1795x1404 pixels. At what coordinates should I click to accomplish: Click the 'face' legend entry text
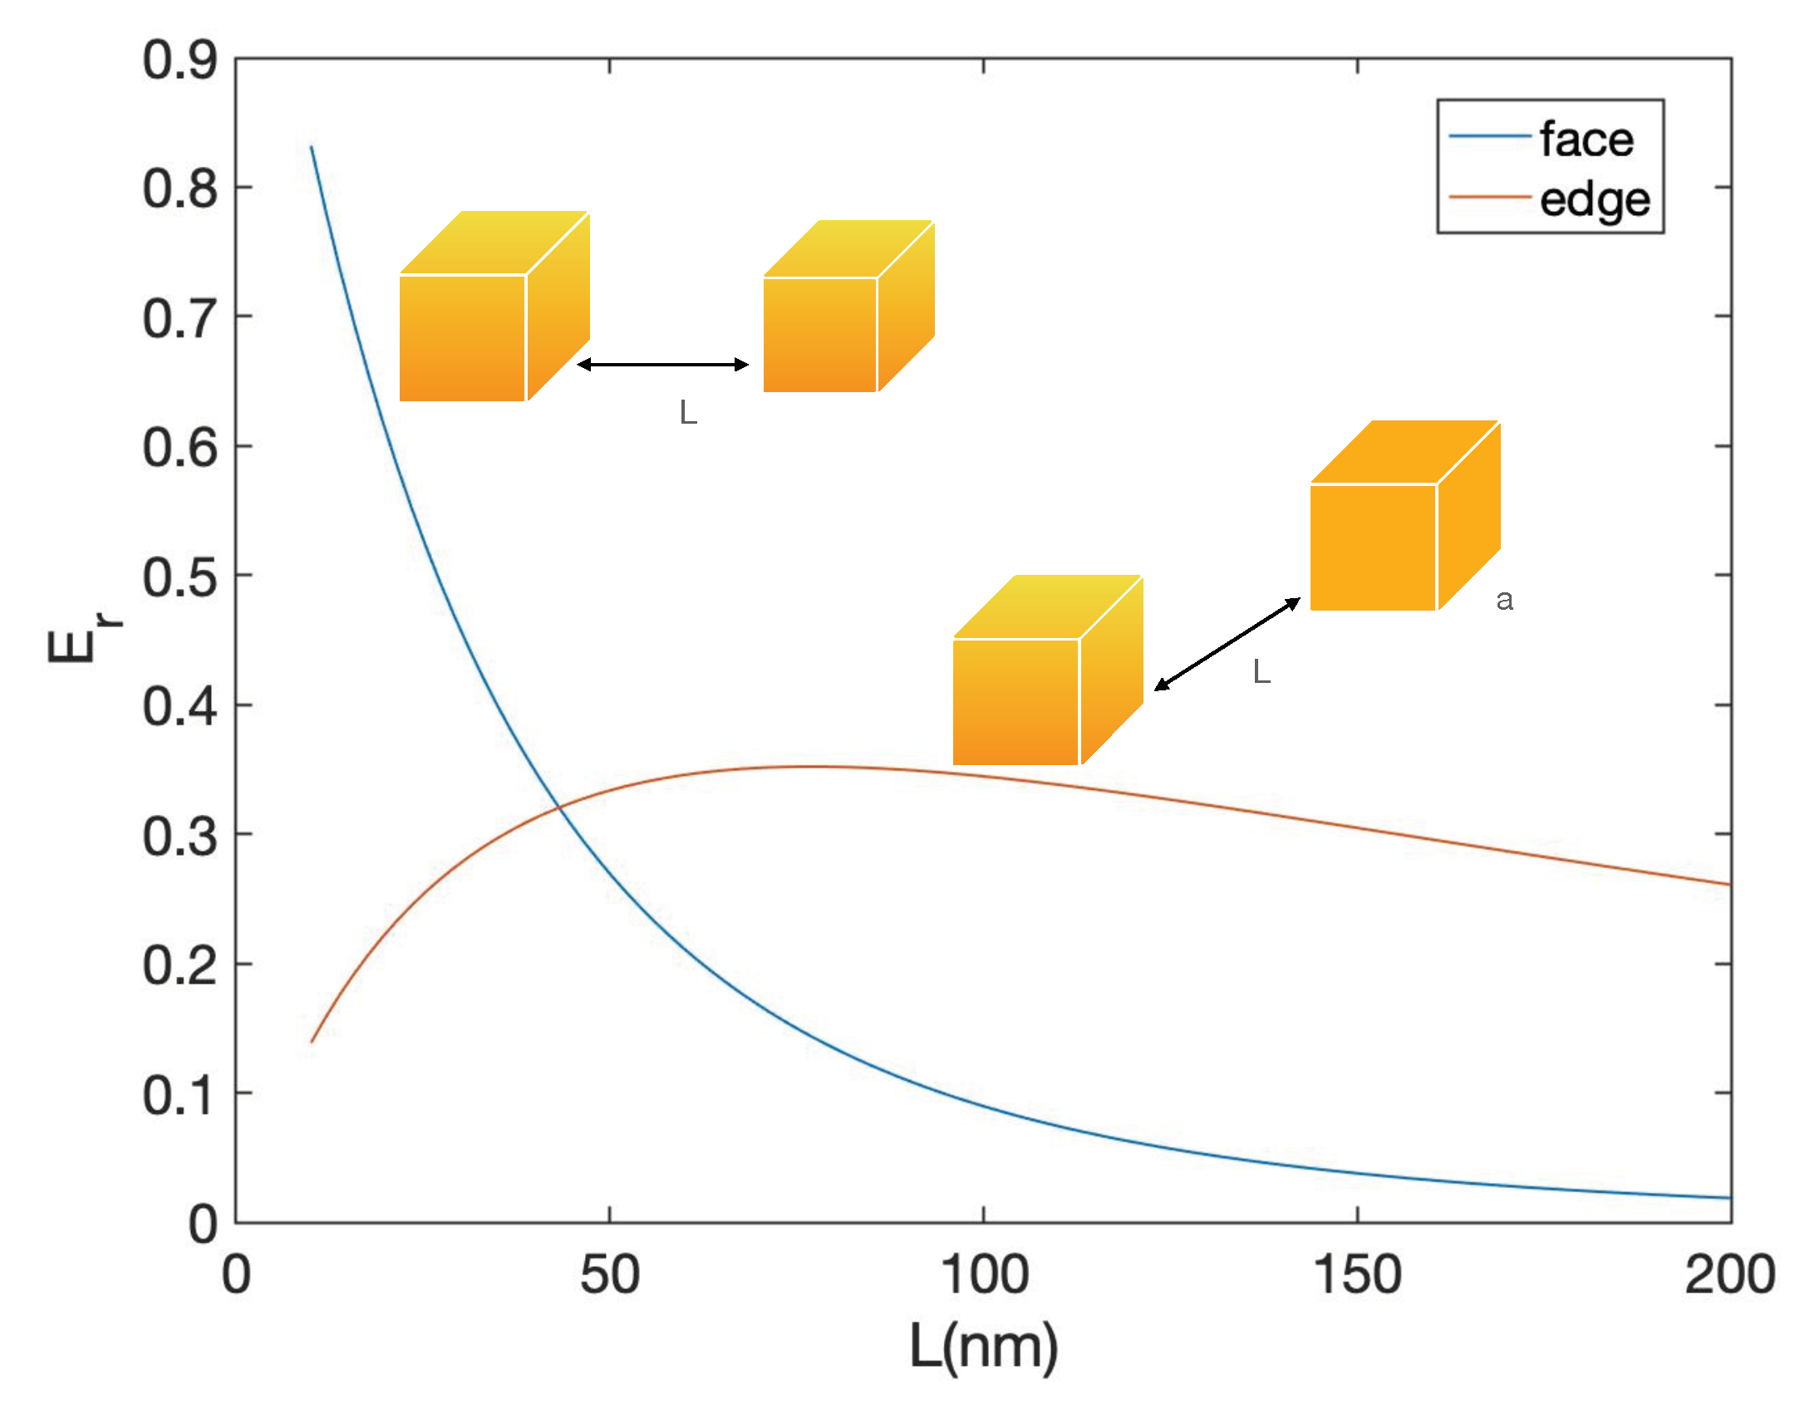click(x=1586, y=139)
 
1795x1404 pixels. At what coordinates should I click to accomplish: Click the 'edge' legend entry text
click(x=1594, y=200)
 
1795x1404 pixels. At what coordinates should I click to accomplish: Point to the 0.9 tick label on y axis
click(x=179, y=60)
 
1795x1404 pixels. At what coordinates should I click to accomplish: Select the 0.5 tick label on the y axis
click(x=179, y=577)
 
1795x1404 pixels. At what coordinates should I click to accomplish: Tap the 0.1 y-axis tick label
click(x=179, y=1095)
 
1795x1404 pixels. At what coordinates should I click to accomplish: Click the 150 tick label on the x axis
click(x=1357, y=1275)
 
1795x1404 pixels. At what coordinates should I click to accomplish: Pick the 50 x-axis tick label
click(x=609, y=1275)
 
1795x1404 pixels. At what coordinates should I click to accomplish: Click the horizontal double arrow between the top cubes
click(x=662, y=364)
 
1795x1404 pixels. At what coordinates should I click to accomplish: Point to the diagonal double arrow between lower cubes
click(x=1227, y=644)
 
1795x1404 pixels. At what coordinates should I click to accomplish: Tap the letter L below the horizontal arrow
click(x=687, y=412)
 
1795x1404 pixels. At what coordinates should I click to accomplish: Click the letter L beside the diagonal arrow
click(x=1261, y=671)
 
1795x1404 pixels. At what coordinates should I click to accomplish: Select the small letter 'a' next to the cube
click(x=1504, y=600)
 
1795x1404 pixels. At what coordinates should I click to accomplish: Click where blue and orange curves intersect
click(x=557, y=807)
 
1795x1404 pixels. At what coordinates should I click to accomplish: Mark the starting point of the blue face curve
click(x=312, y=147)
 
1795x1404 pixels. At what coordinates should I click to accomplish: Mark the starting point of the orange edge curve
click(x=312, y=1042)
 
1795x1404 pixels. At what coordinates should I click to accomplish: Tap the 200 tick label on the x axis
click(x=1729, y=1275)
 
